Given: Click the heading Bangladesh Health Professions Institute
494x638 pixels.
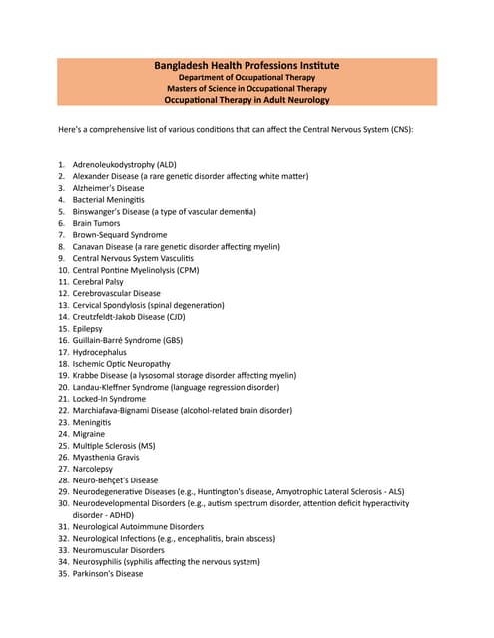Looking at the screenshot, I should coord(247,65).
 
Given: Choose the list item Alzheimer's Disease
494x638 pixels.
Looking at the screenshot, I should coord(108,188).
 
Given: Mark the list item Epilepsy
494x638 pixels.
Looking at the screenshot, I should coord(87,329).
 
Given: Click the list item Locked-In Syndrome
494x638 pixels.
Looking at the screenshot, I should coord(109,399).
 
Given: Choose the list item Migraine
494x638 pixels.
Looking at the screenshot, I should coord(90,434).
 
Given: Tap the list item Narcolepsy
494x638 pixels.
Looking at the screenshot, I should coord(93,469).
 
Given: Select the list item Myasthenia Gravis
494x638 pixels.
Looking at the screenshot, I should coord(109,457).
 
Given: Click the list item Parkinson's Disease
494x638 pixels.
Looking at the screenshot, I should coord(108,573).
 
